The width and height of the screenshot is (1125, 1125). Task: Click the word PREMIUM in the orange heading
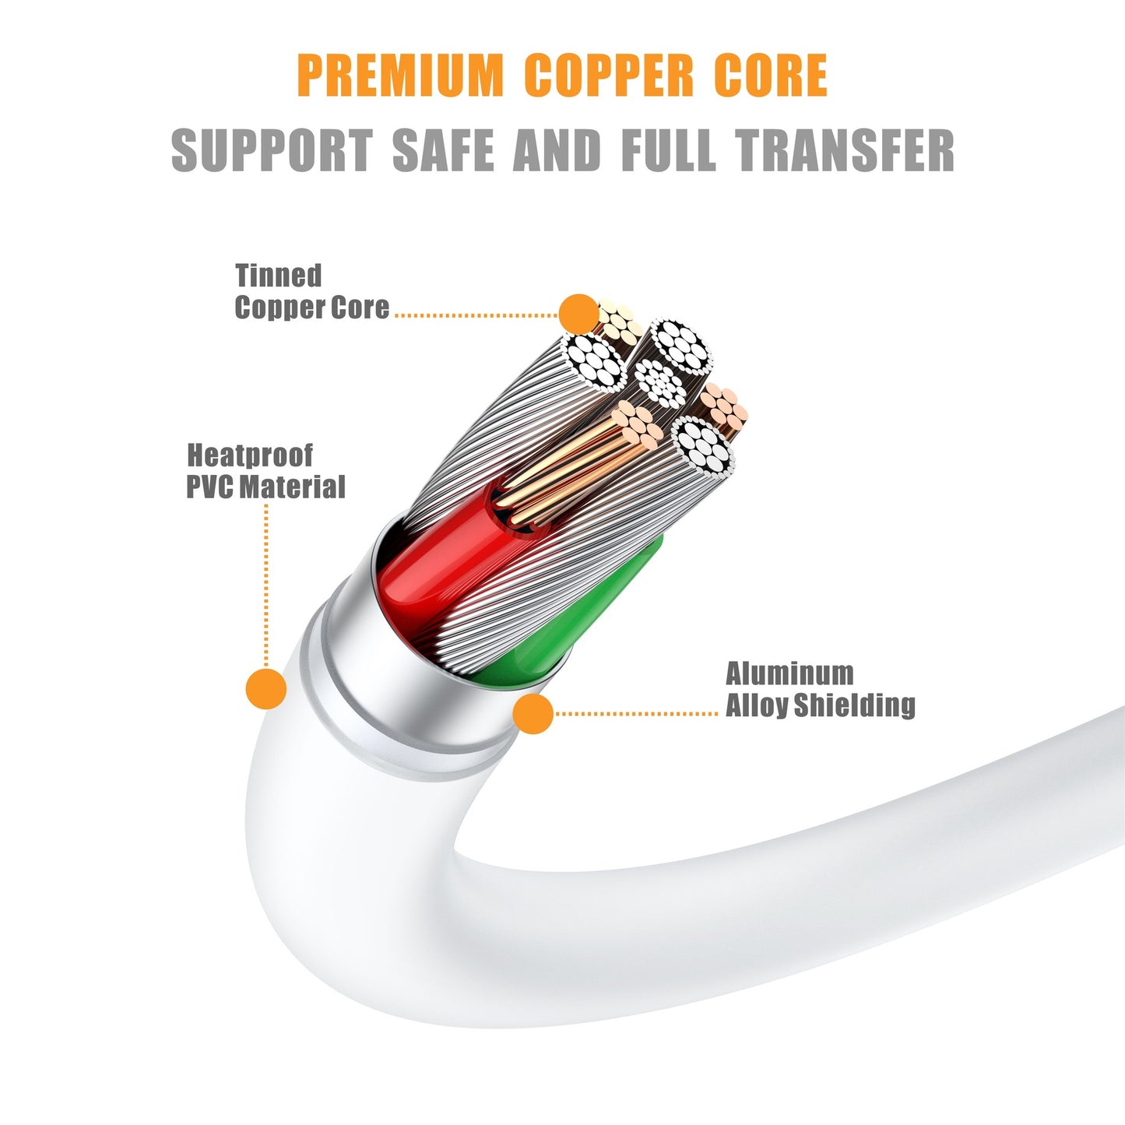[400, 75]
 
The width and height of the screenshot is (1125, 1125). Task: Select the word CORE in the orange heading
[771, 75]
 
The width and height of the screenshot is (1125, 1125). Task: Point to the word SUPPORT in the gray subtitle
[272, 150]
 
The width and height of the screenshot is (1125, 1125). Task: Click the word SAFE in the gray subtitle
[443, 150]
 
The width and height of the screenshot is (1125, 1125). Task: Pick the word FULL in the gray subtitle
[669, 150]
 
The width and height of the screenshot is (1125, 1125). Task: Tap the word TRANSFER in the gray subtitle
[844, 150]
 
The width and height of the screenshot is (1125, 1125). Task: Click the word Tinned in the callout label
[278, 275]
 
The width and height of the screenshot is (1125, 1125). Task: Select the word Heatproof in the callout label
[250, 455]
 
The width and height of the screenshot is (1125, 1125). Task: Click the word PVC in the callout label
[210, 487]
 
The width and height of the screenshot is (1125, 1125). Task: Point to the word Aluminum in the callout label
[789, 673]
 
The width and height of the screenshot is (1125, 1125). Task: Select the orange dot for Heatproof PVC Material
[266, 689]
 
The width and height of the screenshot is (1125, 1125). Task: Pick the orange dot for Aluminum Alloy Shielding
[533, 713]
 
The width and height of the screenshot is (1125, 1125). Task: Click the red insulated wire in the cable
[444, 561]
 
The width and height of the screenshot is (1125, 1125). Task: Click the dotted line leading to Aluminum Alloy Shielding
[636, 713]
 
